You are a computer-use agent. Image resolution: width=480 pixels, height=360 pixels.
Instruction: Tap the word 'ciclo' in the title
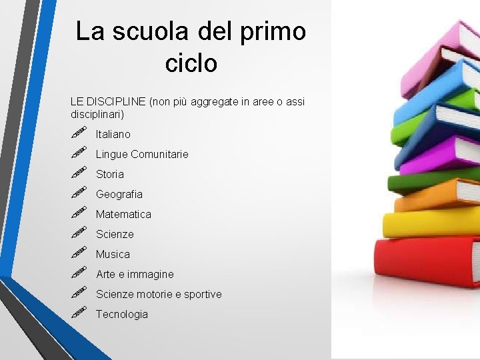[x=191, y=63]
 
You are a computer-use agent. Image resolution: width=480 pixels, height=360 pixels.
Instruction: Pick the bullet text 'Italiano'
[x=113, y=134]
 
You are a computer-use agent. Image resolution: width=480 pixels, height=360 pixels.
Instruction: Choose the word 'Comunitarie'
[x=160, y=154]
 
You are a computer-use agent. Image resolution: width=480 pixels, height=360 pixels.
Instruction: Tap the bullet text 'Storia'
[x=110, y=174]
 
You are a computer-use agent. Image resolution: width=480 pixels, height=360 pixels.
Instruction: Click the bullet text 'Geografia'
[x=119, y=194]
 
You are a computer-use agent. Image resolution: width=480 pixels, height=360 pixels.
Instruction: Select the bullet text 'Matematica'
[x=123, y=214]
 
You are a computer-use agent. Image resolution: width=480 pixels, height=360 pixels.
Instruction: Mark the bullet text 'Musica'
[x=113, y=254]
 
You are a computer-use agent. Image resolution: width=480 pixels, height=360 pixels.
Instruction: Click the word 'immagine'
[x=151, y=274]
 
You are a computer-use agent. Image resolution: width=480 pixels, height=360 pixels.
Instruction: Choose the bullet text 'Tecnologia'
[x=122, y=314]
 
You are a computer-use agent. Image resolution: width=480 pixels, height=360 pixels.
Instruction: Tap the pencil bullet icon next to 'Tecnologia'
[x=79, y=313]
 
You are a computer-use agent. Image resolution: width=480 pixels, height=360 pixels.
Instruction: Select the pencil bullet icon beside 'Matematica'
[x=79, y=213]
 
